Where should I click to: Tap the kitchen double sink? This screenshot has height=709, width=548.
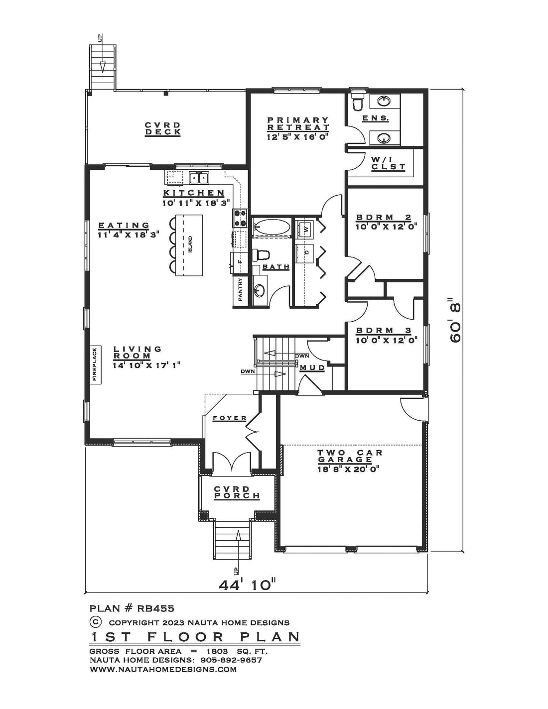pyautogui.click(x=199, y=178)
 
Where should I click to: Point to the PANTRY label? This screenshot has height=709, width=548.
pyautogui.click(x=240, y=289)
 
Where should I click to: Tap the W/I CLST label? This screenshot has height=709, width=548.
pyautogui.click(x=388, y=163)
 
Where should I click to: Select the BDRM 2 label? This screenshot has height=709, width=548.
pyautogui.click(x=383, y=217)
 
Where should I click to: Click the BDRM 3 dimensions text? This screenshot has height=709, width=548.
pyautogui.click(x=387, y=341)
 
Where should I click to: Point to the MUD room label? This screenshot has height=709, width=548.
pyautogui.click(x=312, y=368)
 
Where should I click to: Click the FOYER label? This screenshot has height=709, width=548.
pyautogui.click(x=230, y=418)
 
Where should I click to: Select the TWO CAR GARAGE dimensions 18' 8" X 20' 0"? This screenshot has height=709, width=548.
pyautogui.click(x=348, y=469)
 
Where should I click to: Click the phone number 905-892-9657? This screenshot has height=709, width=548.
pyautogui.click(x=231, y=660)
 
